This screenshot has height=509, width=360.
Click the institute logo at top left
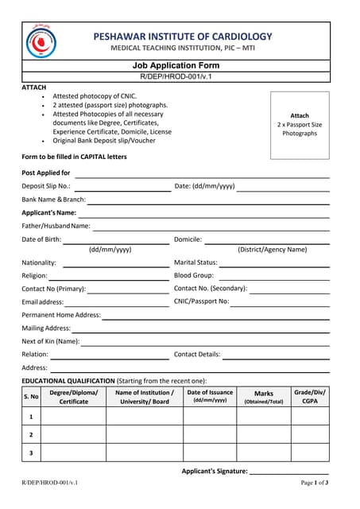coord(41,41)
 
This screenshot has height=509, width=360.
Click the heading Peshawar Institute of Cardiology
coord(182,37)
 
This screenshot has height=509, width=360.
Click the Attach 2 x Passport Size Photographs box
coord(299,124)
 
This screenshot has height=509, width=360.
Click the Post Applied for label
coord(45,173)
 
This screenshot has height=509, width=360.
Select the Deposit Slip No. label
coord(46,186)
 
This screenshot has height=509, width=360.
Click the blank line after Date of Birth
coord(116,241)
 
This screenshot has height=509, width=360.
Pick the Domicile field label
coord(188,239)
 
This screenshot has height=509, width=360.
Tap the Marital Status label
coord(195,262)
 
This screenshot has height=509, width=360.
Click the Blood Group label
coord(193,275)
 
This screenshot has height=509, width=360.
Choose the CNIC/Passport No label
coord(202,301)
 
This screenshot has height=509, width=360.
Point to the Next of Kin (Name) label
coord(51,341)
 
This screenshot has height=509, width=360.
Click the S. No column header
coord(31,396)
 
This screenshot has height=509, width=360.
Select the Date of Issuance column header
coord(210,396)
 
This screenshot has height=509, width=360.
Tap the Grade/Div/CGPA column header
coord(309,396)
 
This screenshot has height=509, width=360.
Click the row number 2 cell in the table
coord(31,434)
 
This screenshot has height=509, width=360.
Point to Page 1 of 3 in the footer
coord(315,483)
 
